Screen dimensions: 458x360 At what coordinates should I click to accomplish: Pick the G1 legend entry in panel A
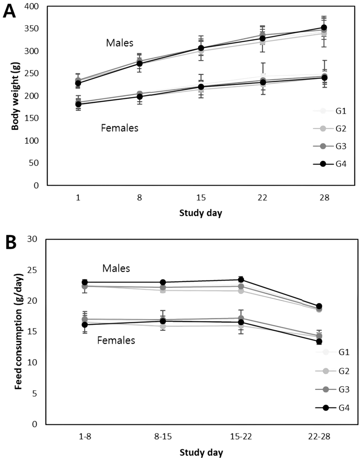tap(330, 111)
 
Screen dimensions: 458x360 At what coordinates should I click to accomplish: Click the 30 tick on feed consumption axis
tap(34, 240)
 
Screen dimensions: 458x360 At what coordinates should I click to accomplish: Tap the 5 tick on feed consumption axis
tap(36, 394)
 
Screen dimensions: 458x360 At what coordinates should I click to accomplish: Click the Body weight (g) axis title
tap(15, 96)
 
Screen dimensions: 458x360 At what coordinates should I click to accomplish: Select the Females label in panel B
tap(116, 341)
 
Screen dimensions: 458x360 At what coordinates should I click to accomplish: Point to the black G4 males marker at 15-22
tap(240, 280)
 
